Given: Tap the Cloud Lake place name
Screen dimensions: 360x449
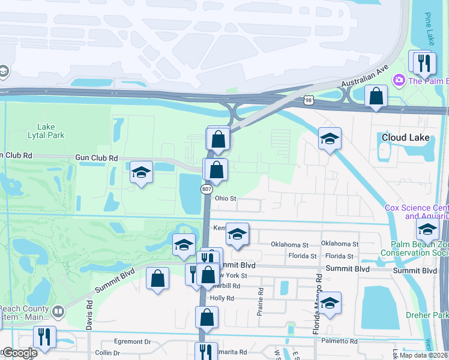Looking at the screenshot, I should (x=406, y=137).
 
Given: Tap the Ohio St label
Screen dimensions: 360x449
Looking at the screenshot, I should (x=226, y=199).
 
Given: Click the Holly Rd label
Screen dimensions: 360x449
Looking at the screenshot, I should (x=221, y=298).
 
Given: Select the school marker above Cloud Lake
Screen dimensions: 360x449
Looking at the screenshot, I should (x=329, y=139).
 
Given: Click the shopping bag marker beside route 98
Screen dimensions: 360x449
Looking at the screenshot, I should (x=376, y=95).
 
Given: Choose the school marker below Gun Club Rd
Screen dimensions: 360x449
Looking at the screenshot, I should (x=141, y=173).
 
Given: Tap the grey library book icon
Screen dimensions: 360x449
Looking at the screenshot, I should (x=58, y=312).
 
